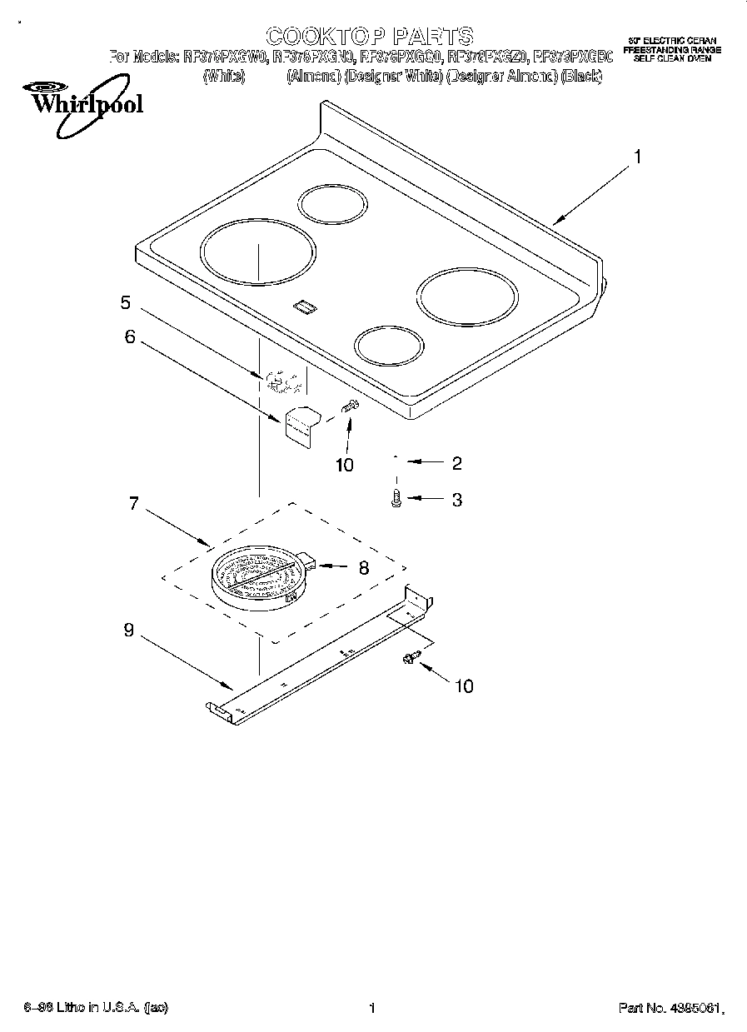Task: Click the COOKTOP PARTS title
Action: click(x=369, y=35)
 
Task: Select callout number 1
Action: click(x=637, y=156)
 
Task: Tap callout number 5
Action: click(x=125, y=302)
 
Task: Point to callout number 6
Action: click(x=129, y=336)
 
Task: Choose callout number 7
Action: click(x=133, y=504)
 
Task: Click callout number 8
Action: click(x=363, y=569)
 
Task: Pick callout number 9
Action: click(x=128, y=631)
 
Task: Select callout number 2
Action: click(x=456, y=463)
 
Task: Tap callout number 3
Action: click(x=456, y=500)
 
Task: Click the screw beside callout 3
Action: click(x=396, y=498)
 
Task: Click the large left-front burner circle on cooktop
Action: click(x=258, y=250)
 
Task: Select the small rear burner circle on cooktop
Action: click(x=331, y=205)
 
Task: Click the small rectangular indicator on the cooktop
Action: click(x=306, y=307)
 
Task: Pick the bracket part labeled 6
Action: click(x=301, y=422)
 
